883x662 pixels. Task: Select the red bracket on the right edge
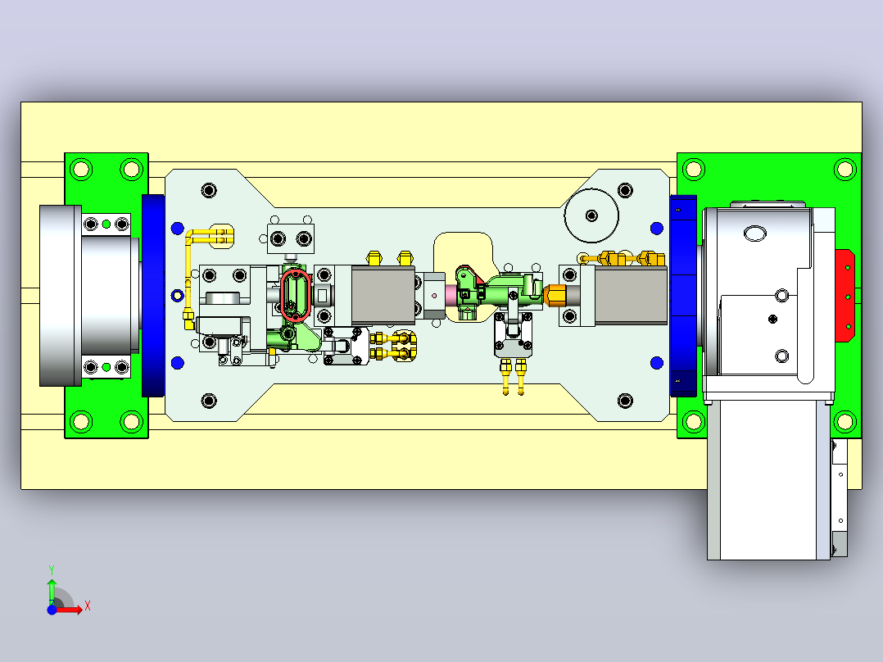[845, 296]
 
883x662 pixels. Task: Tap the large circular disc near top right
[591, 215]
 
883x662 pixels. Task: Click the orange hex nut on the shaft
[555, 295]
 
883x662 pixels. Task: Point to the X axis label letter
[88, 606]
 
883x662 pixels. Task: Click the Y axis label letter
[52, 569]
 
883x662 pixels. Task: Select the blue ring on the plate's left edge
[178, 295]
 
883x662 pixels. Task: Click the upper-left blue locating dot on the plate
[178, 229]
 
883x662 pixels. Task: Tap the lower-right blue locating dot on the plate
[657, 363]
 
